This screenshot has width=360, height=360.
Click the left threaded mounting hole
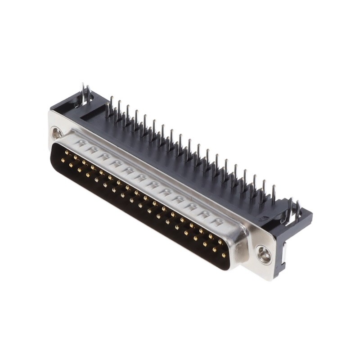tap(57, 133)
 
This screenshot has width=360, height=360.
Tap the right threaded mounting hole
tap(263, 254)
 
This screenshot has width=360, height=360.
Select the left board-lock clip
tap(85, 94)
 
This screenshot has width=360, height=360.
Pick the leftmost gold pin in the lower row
tap(63, 160)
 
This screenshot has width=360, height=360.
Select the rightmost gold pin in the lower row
tap(224, 255)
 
